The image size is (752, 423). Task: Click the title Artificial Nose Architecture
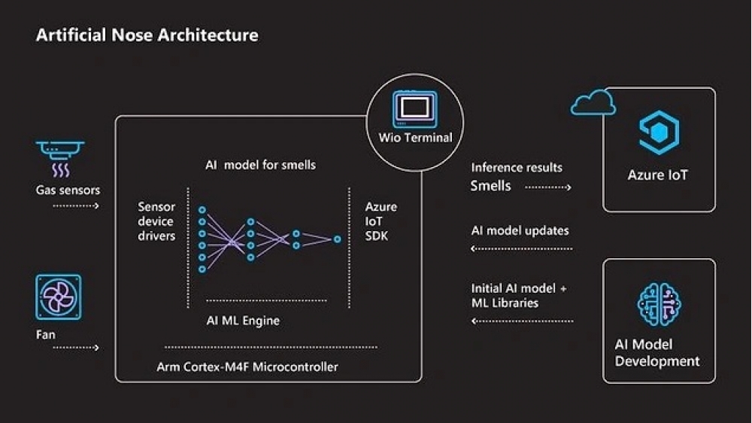147,35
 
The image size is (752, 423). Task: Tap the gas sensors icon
60,157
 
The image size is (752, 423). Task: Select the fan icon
58,297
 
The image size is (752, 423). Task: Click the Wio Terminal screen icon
414,108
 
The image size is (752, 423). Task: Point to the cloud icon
593,104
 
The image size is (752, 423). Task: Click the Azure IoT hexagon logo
659,132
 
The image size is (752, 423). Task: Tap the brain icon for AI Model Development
659,304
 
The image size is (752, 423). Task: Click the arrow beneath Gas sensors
76,205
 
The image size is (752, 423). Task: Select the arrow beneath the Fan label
76,348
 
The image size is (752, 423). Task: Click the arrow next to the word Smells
548,187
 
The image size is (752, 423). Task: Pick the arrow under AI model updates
521,248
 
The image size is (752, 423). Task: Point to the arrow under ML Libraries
521,321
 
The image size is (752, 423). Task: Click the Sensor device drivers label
156,221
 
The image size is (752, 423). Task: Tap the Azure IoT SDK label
381,221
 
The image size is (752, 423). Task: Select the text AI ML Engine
243,321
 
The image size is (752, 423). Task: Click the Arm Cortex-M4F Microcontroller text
247,367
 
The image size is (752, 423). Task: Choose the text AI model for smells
260,164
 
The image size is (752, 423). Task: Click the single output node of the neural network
337,239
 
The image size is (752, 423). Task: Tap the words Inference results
517,167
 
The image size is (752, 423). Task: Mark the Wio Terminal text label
415,138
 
